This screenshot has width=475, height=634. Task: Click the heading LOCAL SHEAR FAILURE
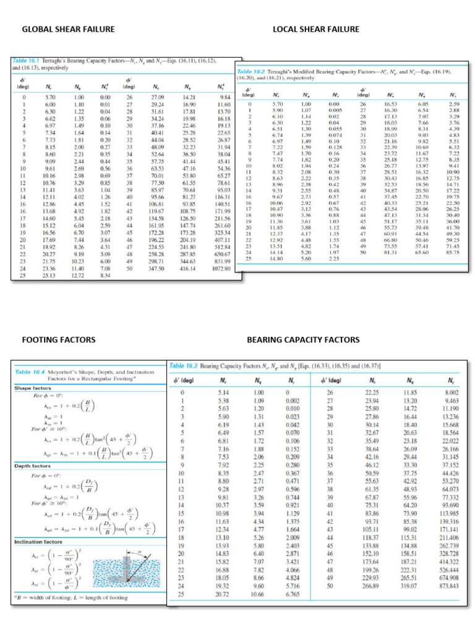[x=315, y=29]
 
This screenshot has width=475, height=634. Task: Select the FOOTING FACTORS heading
[x=58, y=339]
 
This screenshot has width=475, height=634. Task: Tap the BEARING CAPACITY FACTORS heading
[x=302, y=339]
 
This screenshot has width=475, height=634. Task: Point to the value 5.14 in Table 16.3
[x=223, y=393]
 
